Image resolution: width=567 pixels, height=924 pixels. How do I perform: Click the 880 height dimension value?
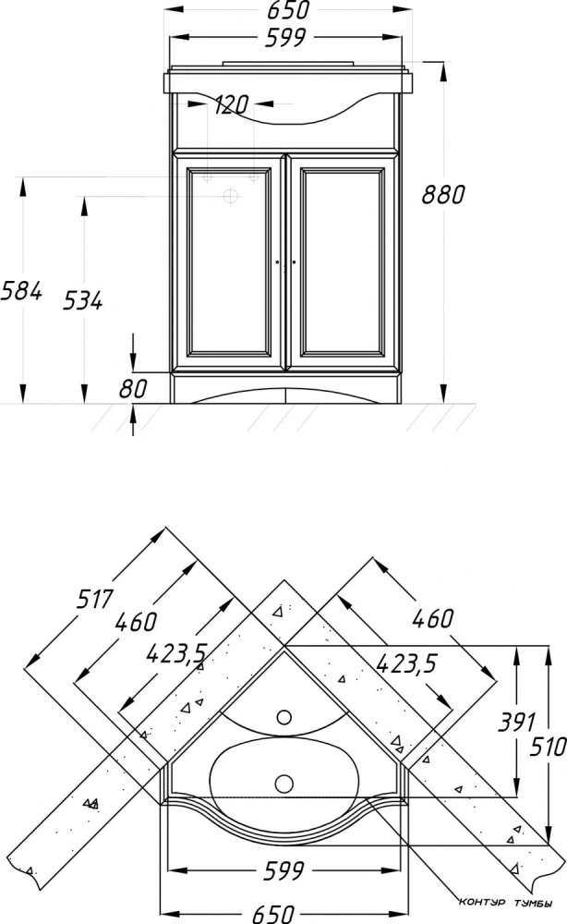[442, 194]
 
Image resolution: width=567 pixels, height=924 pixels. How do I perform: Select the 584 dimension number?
[21, 290]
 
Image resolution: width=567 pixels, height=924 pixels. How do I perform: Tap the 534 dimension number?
[82, 300]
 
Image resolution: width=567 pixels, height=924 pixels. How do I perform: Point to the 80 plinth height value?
[133, 389]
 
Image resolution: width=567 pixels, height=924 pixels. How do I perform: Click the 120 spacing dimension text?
[231, 105]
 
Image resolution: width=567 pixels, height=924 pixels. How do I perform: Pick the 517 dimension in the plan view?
[94, 599]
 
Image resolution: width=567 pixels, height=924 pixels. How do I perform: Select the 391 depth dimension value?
[516, 722]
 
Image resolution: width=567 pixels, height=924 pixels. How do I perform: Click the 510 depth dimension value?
[548, 748]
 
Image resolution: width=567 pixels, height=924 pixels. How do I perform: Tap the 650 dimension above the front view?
[288, 9]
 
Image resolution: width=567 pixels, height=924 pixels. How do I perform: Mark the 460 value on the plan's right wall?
[433, 618]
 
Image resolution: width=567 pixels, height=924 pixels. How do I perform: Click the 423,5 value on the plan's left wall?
[175, 653]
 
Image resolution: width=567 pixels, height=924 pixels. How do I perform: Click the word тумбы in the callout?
[533, 903]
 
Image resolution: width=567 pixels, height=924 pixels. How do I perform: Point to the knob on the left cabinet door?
[277, 261]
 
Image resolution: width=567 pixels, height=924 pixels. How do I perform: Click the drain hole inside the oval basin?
[284, 784]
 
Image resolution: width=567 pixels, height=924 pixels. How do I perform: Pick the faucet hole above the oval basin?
[284, 717]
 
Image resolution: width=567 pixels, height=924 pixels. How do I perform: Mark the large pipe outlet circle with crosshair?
[232, 196]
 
